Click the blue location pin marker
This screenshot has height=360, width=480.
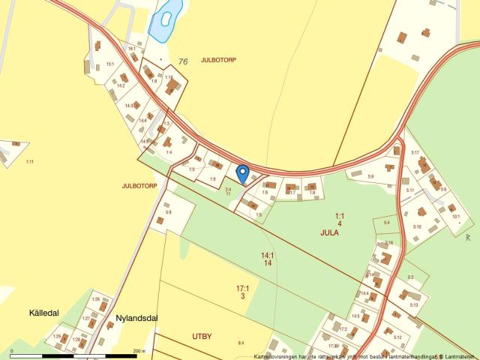coord(242,173)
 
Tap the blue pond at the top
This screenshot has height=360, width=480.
coord(165,21)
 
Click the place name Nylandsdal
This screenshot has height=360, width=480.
coord(136,317)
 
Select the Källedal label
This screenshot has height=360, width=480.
coord(44,312)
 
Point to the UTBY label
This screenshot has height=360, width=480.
coord(202,336)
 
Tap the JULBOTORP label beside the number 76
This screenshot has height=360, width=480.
coord(218,60)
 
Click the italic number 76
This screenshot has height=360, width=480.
coord(182,61)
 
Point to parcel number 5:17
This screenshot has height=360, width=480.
coord(415,153)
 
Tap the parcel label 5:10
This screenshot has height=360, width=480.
coord(417,226)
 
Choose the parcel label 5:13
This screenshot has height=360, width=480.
coord(414,305)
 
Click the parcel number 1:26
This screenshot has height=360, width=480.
coord(95,300)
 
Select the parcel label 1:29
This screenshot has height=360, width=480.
coord(57,337)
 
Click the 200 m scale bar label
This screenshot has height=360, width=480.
coord(139,351)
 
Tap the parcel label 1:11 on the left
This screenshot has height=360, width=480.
coord(30,162)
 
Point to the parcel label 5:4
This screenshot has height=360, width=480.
coord(387,223)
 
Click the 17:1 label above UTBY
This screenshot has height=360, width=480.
coord(242,288)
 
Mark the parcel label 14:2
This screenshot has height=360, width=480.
coord(120,86)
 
